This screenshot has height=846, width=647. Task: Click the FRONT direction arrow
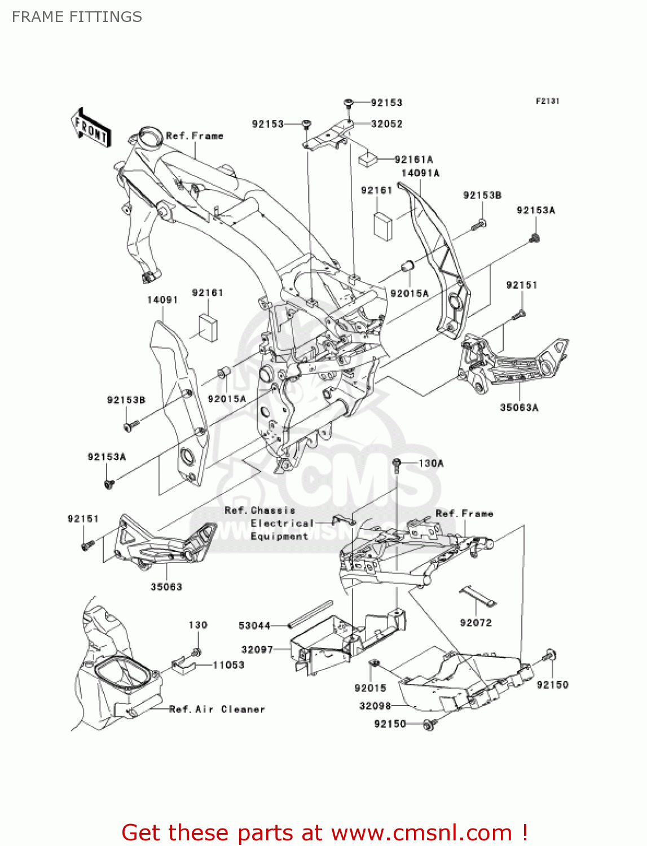click(x=91, y=127)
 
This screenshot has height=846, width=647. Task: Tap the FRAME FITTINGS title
click(x=77, y=17)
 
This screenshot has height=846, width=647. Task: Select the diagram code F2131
click(x=547, y=101)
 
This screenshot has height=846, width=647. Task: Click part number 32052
click(x=386, y=124)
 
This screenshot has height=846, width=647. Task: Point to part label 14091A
click(x=420, y=173)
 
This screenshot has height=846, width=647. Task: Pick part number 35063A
click(x=519, y=407)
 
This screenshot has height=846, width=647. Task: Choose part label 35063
click(x=166, y=587)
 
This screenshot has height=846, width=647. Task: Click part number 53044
click(x=254, y=625)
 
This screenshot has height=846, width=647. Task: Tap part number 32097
click(x=257, y=650)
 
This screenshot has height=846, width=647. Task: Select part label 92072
click(x=476, y=623)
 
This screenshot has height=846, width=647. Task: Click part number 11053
click(x=228, y=665)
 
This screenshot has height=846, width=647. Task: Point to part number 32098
click(x=375, y=706)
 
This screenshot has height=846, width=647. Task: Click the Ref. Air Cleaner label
click(x=217, y=710)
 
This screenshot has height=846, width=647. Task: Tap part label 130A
click(x=431, y=464)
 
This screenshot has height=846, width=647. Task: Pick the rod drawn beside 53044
click(x=310, y=614)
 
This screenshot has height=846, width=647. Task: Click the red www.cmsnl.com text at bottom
click(x=324, y=833)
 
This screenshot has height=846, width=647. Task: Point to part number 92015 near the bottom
click(x=370, y=688)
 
